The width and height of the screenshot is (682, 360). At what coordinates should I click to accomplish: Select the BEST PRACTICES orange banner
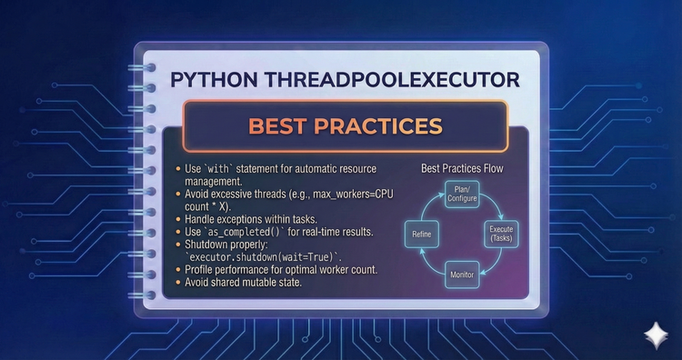point(345,125)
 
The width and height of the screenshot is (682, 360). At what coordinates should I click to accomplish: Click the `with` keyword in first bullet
point(221,169)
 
